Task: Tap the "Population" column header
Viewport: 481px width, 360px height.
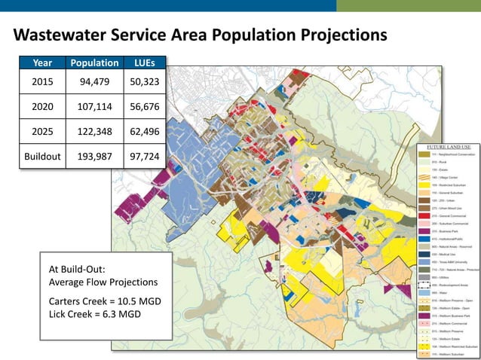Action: click(94, 64)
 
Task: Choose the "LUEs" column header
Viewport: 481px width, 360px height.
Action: click(145, 64)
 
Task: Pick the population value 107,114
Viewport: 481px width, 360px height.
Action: click(94, 108)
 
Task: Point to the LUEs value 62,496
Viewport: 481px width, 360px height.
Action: click(145, 133)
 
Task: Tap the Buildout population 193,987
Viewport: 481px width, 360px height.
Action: click(94, 159)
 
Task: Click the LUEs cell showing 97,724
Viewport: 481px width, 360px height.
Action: click(145, 159)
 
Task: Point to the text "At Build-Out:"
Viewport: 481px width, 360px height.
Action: click(78, 269)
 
